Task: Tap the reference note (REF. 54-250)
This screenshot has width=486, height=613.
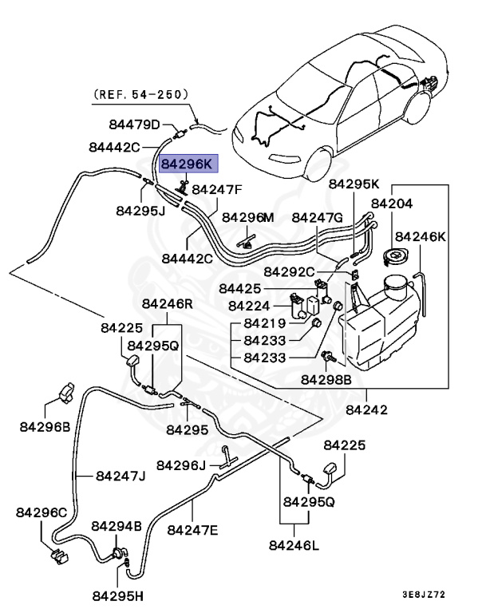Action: click(141, 93)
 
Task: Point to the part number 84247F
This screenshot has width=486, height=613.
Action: click(218, 190)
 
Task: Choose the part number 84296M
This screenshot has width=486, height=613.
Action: click(247, 217)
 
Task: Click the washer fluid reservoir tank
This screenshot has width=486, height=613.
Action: click(379, 327)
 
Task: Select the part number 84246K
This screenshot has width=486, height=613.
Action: click(421, 236)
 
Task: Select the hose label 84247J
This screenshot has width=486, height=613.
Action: click(121, 476)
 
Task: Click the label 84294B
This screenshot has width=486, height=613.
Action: click(117, 526)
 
